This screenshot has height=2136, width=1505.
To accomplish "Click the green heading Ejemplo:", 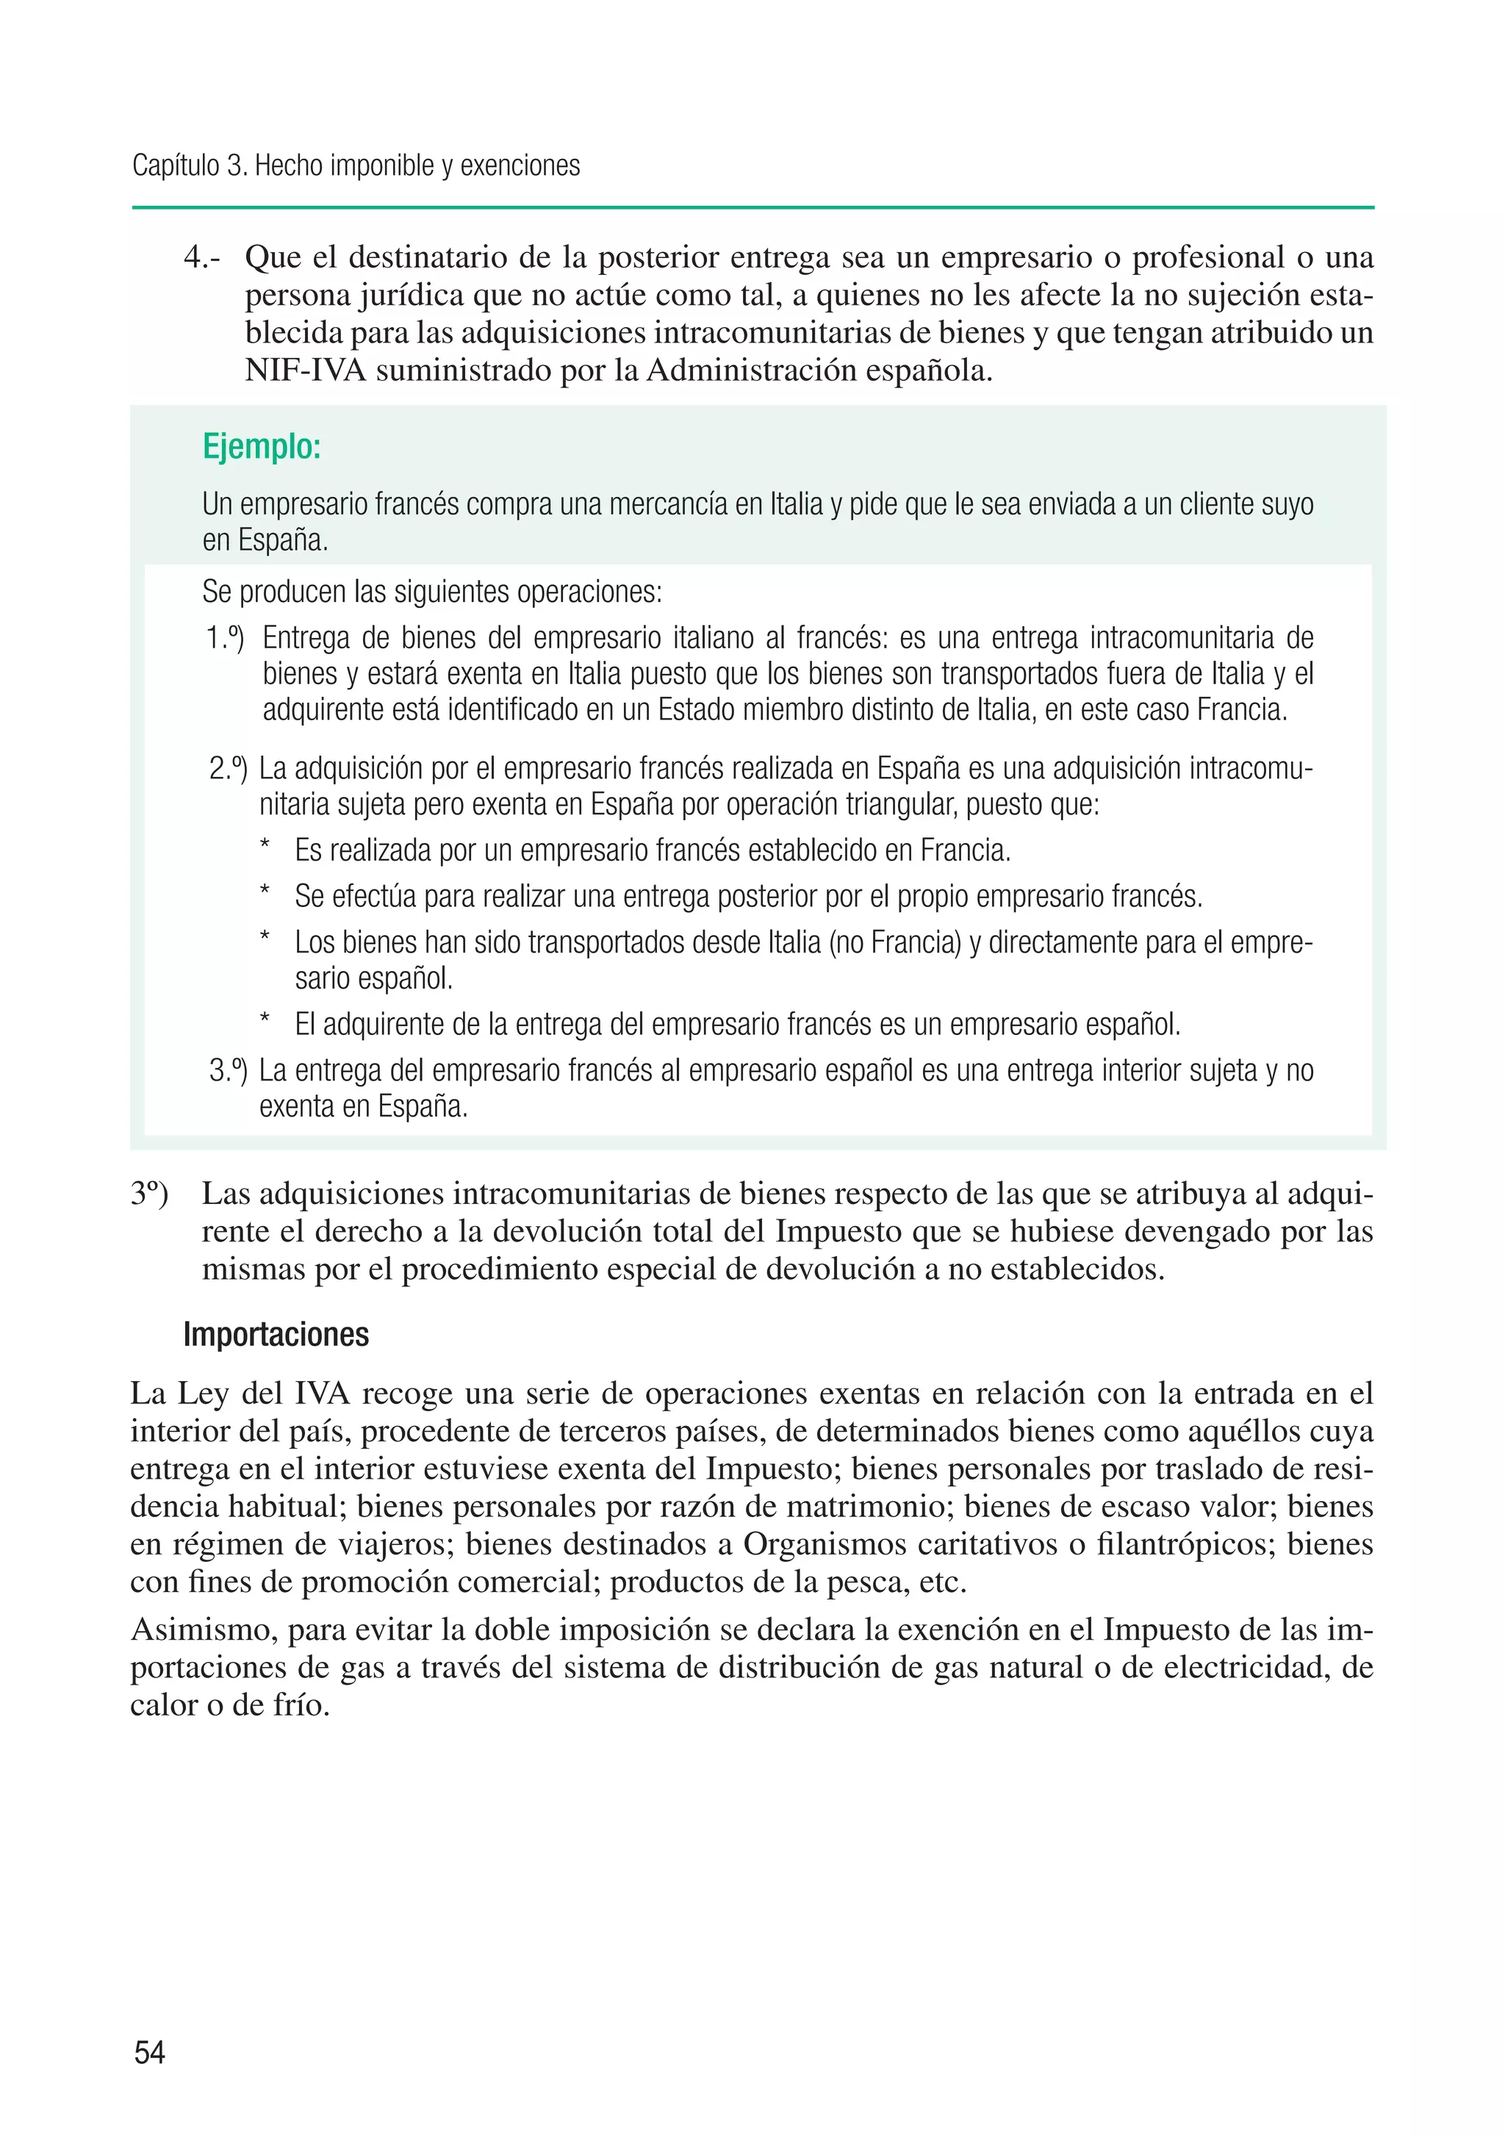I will point(262,448).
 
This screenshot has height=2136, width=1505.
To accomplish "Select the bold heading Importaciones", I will point(276,1334).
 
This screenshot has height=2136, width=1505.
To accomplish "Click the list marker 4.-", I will point(202,258).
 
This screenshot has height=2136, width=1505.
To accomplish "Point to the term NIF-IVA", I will point(305,370).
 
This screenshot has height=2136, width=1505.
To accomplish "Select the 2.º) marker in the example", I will point(228,770).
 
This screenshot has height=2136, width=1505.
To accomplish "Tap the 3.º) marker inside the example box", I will point(228,1071).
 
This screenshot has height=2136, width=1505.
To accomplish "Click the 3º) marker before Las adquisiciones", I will point(149,1194).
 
